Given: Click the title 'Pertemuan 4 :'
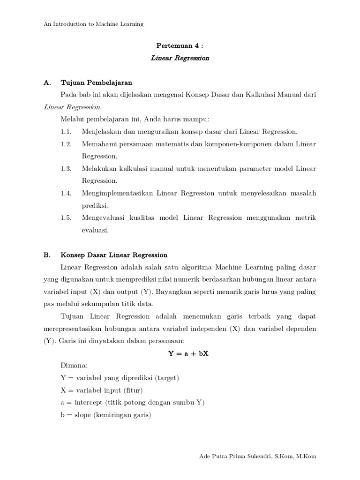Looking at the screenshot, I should coord(180,46).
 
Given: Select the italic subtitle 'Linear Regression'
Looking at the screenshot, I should coord(180,59).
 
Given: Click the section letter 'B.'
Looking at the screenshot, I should coord(47,255).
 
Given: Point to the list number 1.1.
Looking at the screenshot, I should coord(66,132).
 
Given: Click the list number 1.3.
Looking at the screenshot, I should coord(66,168).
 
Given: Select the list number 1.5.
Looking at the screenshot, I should coord(66,217).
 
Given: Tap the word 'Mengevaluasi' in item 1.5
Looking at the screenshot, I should coord(103,217).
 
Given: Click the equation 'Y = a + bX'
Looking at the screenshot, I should coord(188,353).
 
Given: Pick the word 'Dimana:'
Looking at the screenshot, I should coord(74,366).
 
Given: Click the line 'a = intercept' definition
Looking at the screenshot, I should coord(133,402).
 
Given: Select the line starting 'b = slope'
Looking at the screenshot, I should coord(106,414).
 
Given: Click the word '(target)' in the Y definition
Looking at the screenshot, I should coord(167,378).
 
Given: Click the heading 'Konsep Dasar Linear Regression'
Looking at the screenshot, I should coord(114,255).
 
